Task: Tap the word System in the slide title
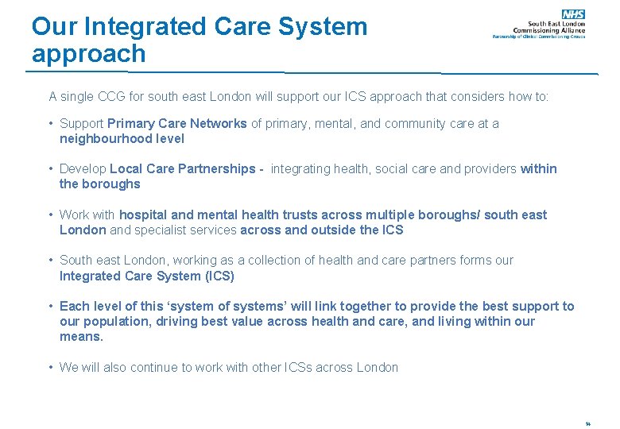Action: [323, 26]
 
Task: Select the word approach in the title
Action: [89, 54]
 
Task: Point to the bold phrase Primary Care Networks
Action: [177, 123]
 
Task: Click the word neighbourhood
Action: [99, 138]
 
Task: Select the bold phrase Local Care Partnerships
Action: [183, 168]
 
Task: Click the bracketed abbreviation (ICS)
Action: [219, 276]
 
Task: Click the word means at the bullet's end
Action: [80, 336]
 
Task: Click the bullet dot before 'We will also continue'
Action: [51, 367]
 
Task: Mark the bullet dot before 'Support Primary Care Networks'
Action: [51, 123]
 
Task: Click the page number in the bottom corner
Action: [587, 423]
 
